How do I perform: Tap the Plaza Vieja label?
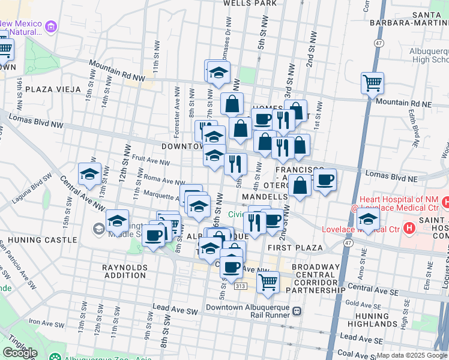[x=53, y=89]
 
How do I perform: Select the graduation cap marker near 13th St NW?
[x=89, y=174]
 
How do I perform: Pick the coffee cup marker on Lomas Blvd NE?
[x=325, y=180]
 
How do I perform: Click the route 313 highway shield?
[x=240, y=287]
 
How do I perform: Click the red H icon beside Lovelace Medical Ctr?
[x=409, y=228]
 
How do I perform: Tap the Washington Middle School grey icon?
[x=98, y=228]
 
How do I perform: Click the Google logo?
[x=20, y=353]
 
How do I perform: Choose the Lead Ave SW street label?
[x=175, y=308]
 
